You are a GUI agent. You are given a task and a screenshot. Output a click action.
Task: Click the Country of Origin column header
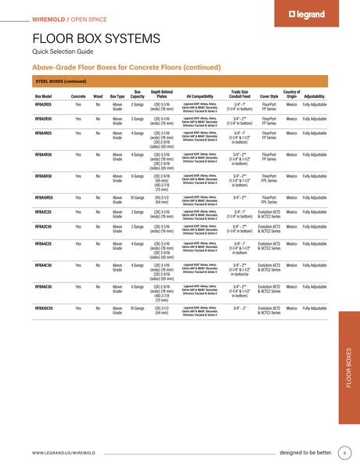pos(292,95)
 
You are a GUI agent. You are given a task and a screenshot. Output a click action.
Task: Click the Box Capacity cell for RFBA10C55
pos(138,309)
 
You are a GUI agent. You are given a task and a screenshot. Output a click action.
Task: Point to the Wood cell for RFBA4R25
pos(98,133)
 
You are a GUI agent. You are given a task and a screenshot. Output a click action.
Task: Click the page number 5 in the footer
pos(344,453)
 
